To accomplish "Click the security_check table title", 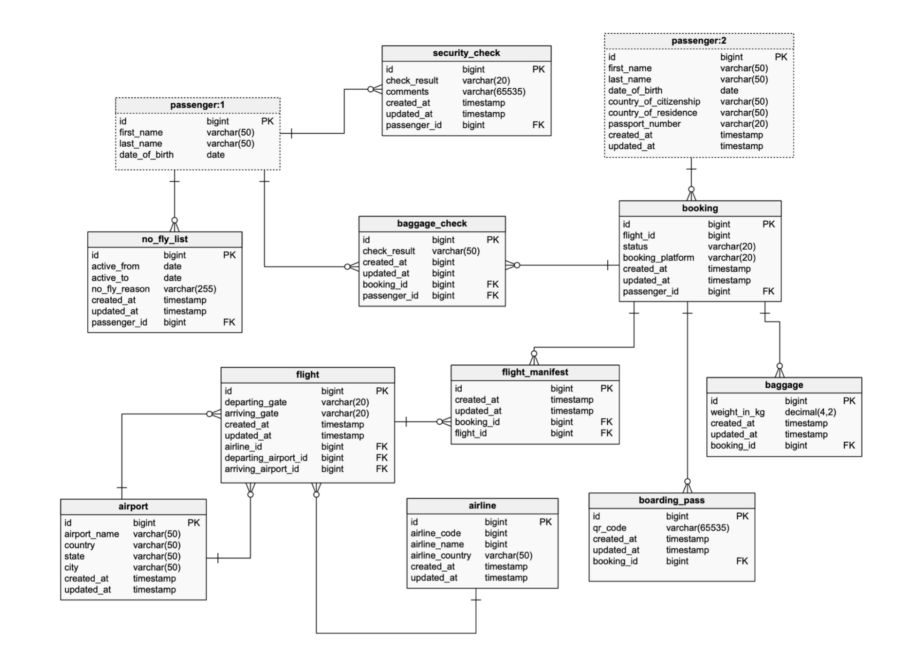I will (466, 53).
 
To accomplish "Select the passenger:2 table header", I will (698, 41).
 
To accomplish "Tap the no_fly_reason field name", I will (121, 289).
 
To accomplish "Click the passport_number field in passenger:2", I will (644, 124).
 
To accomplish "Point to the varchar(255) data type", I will (190, 289).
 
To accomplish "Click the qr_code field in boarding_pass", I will (609, 528).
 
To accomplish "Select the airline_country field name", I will (441, 555).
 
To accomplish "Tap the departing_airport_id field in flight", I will (266, 458).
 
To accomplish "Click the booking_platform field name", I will (658, 258).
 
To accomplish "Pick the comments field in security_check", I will (407, 92).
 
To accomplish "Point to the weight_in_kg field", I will (737, 412).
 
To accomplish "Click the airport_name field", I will (92, 534).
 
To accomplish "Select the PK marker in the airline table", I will (545, 522).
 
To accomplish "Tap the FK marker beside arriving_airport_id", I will (382, 469).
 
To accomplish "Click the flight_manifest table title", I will (534, 372).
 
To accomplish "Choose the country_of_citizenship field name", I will (654, 101).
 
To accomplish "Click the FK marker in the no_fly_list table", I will (229, 322).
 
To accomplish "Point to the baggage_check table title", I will (432, 223).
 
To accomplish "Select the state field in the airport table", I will (75, 556).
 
